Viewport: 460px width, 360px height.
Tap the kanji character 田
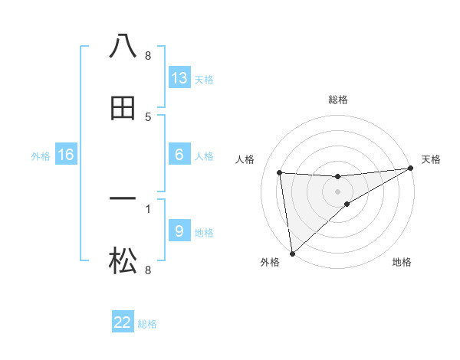(123, 108)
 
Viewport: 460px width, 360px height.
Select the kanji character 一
(123, 199)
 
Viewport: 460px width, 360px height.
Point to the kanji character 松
(123, 262)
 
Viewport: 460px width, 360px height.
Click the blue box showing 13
(179, 78)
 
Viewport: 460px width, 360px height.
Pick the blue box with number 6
(179, 155)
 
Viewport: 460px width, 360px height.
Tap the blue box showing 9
(179, 231)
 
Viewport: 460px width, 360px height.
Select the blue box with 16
(66, 155)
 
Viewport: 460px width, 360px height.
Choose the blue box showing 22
(123, 322)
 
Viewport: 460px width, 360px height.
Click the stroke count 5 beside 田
(148, 117)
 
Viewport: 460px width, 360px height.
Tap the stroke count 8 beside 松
(148, 270)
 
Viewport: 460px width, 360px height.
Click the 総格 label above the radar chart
(338, 100)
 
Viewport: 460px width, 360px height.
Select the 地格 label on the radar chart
(402, 262)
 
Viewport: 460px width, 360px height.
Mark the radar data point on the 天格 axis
(410, 169)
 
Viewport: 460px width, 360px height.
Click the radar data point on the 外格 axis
(291, 254)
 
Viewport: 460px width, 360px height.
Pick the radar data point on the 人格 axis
(279, 172)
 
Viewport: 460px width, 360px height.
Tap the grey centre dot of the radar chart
(338, 191)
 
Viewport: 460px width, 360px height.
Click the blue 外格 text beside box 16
(41, 155)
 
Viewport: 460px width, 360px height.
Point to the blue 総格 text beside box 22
(147, 324)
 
